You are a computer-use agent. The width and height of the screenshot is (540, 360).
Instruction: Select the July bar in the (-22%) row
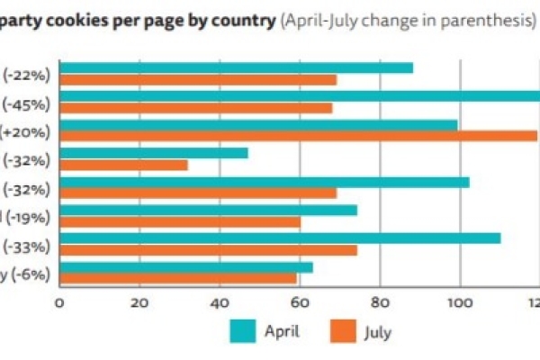click(198, 80)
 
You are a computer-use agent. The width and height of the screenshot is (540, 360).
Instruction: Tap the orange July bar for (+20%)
click(298, 136)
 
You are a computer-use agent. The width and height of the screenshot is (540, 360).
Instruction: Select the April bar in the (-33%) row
click(280, 238)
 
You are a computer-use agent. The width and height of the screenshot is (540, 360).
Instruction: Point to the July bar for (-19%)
click(180, 221)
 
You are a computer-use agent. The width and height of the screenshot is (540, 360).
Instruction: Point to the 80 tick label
click(380, 302)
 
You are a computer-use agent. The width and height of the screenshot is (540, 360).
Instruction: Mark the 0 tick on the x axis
click(59, 302)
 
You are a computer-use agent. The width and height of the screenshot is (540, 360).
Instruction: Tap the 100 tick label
click(460, 302)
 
